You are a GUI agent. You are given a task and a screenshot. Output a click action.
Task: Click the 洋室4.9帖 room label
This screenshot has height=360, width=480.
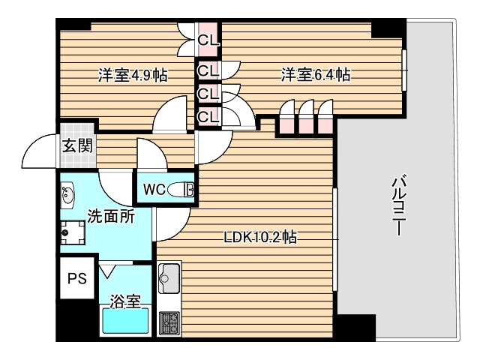pyautogui.click(x=132, y=75)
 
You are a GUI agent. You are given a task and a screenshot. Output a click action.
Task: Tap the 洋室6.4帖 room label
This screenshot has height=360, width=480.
pyautogui.click(x=316, y=75)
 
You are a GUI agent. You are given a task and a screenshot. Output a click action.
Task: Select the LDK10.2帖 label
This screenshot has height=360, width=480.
pyautogui.click(x=260, y=238)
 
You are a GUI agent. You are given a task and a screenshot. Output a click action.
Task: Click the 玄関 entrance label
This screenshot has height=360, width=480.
pyautogui.click(x=77, y=145)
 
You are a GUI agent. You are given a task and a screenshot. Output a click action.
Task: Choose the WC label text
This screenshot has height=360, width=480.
pyautogui.click(x=154, y=190)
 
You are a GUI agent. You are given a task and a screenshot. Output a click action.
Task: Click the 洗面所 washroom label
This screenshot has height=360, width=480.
pyautogui.click(x=111, y=217)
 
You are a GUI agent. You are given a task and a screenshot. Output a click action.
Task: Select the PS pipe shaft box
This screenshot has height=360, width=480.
pyautogui.click(x=77, y=278)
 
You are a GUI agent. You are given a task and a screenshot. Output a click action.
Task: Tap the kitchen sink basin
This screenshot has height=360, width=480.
pyautogui.click(x=167, y=278)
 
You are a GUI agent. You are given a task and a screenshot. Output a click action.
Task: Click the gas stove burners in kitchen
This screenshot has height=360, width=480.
pyautogui.click(x=168, y=322)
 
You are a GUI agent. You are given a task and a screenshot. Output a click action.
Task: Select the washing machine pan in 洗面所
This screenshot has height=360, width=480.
pyautogui.click(x=74, y=234)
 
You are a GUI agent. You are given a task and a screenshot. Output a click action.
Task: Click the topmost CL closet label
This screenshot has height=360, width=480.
pyautogui.click(x=208, y=37)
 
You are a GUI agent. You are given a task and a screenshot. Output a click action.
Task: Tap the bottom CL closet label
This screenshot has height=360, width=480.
pyautogui.click(x=208, y=117)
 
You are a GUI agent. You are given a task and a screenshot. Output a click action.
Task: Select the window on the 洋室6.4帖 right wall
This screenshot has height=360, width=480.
pyautogui.click(x=404, y=71)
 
